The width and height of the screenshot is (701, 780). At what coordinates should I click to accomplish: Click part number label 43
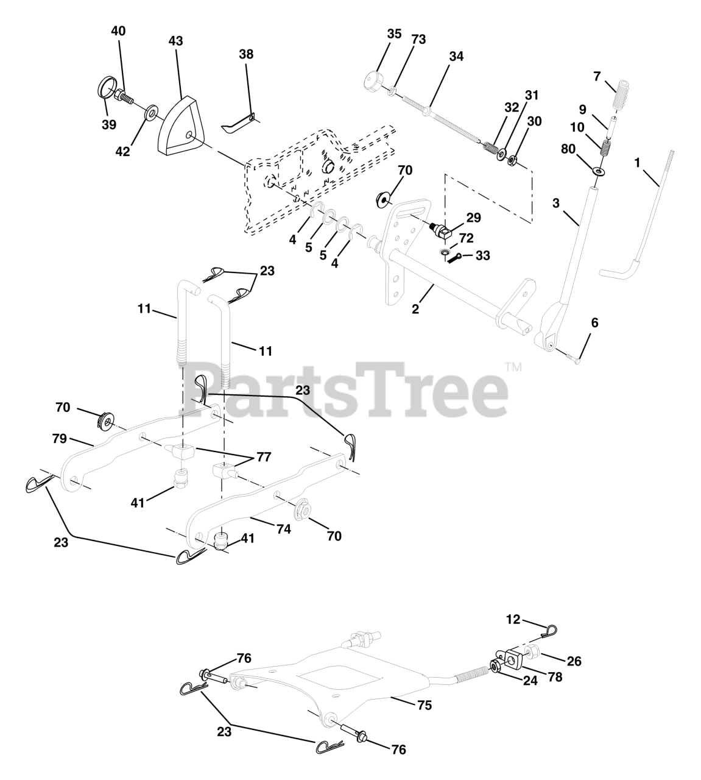175,41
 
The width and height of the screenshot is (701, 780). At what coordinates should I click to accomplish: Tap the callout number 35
394,34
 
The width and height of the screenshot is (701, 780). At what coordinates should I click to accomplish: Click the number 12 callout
513,619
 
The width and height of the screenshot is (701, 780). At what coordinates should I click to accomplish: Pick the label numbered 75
424,705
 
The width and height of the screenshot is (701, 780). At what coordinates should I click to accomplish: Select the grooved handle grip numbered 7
616,93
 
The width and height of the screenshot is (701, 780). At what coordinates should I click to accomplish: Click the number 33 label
482,255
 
